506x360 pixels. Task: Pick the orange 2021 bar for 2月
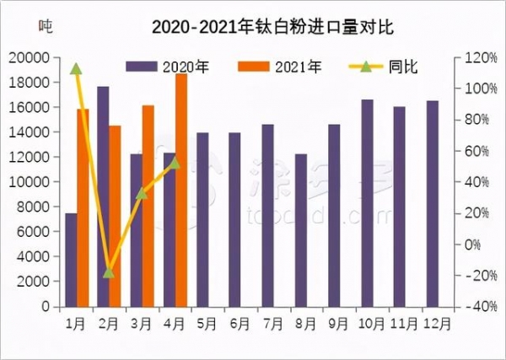click(x=116, y=216)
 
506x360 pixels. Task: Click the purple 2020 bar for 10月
click(x=368, y=202)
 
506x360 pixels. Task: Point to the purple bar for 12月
click(x=433, y=203)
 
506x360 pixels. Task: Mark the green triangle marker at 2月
click(x=108, y=272)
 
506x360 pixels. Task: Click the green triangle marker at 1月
click(x=76, y=69)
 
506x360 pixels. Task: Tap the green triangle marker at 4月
click(x=175, y=163)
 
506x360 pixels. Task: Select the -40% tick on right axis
click(x=470, y=307)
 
